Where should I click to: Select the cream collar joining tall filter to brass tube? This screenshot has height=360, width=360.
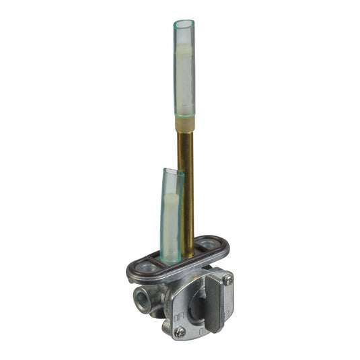point(184,123)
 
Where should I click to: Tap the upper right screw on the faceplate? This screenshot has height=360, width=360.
point(228,279)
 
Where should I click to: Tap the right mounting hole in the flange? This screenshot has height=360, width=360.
point(208,244)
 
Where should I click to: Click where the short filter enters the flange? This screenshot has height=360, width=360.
point(171,260)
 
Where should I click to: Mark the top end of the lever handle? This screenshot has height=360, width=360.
point(214,274)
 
